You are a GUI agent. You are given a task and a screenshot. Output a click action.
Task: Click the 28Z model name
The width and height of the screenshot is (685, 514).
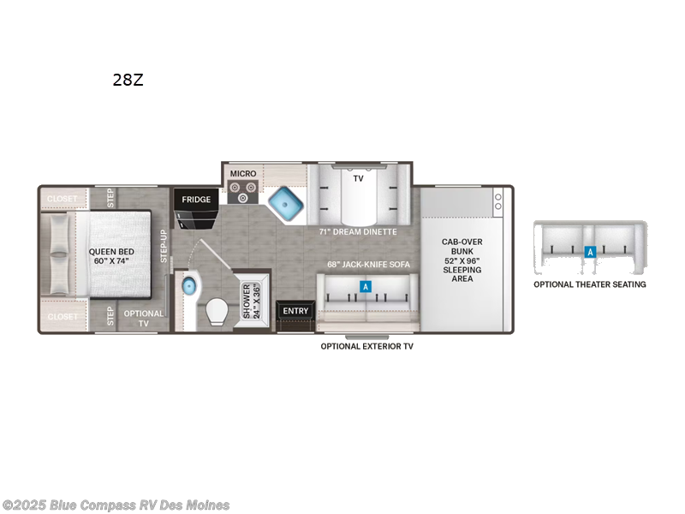point(128,81)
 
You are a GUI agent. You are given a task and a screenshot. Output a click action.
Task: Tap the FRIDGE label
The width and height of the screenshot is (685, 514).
point(195,200)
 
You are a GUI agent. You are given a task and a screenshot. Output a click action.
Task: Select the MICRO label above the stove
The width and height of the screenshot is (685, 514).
point(242,174)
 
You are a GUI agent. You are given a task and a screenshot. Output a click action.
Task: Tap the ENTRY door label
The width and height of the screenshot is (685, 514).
point(295,311)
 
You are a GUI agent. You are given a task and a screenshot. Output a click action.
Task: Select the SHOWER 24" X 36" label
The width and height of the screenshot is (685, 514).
point(253,302)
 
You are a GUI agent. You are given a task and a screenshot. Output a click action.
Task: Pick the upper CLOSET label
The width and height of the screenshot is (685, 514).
point(62,199)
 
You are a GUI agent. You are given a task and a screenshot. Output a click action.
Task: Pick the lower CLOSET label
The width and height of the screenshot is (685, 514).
point(62,317)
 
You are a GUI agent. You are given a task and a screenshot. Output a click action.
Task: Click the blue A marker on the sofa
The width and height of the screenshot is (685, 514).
point(366,287)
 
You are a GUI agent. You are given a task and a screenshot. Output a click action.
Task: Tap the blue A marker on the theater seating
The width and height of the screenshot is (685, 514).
point(589,252)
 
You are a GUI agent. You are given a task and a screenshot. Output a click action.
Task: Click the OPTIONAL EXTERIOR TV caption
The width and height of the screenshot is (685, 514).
point(367,346)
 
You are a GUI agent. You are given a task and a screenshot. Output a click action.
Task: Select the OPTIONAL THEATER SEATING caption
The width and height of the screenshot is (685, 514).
point(590,284)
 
